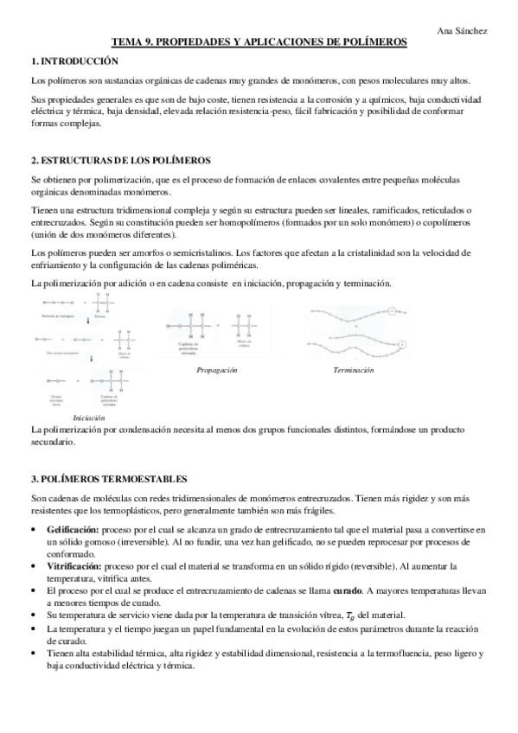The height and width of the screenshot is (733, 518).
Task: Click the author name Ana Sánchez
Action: tap(463, 30)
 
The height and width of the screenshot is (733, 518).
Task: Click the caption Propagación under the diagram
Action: tap(217, 370)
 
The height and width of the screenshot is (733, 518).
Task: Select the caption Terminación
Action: tap(353, 370)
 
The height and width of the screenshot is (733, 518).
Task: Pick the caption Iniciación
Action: tap(89, 417)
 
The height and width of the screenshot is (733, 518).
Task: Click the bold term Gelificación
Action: tap(74, 528)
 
